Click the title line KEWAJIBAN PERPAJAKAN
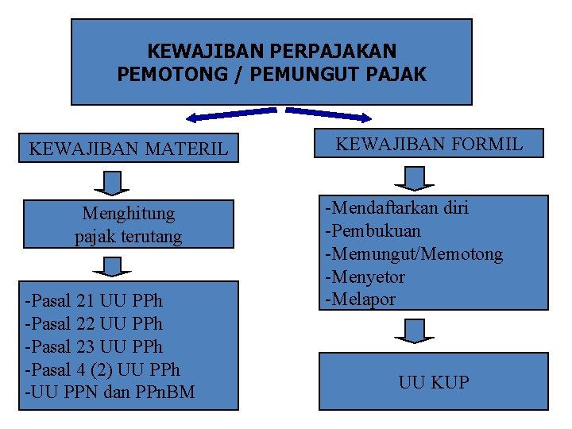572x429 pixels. click(x=272, y=52)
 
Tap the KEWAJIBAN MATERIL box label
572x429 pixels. click(x=128, y=149)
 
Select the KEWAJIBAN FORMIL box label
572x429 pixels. click(x=429, y=144)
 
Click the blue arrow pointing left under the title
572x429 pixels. click(x=230, y=116)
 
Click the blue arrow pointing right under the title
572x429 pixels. click(x=328, y=114)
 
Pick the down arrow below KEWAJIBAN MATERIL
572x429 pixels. click(x=117, y=182)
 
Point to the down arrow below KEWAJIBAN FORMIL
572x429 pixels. click(x=415, y=177)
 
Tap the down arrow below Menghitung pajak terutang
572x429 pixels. click(x=117, y=264)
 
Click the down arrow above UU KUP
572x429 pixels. click(x=415, y=329)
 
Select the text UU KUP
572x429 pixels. click(x=434, y=382)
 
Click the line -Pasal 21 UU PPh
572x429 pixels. click(x=94, y=301)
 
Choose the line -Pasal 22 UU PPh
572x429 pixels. click(x=94, y=324)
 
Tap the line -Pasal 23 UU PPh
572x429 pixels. click(x=94, y=347)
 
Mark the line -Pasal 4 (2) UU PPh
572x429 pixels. click(x=102, y=370)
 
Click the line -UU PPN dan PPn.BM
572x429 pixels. click(x=110, y=392)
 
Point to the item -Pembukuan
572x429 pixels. click(x=372, y=231)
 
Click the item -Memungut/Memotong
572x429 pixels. click(x=412, y=254)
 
